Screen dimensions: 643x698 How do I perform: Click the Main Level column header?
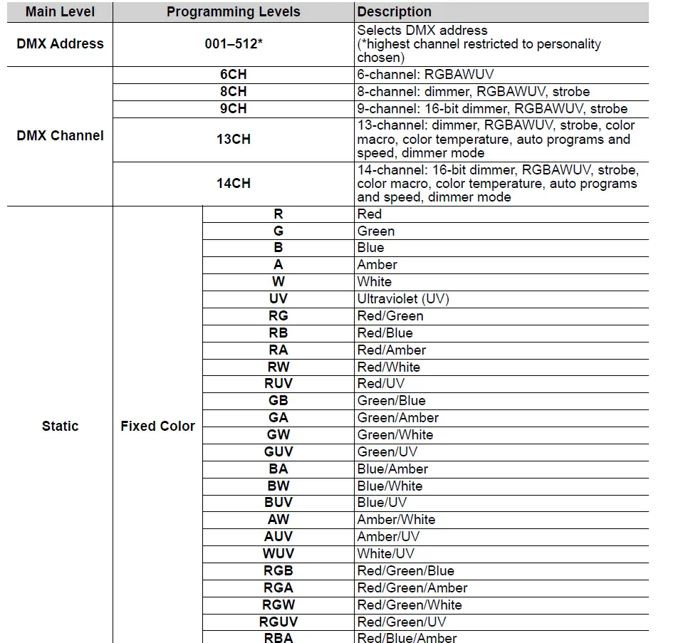[60, 12]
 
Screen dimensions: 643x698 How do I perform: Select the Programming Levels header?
[233, 12]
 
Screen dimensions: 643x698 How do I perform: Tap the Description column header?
[394, 12]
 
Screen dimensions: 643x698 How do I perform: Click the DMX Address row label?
[60, 43]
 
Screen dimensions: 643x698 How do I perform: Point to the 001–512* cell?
[233, 43]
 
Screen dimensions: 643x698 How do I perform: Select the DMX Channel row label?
[60, 135]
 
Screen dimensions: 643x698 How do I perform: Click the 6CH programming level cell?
[233, 75]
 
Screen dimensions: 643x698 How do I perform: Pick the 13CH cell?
[233, 139]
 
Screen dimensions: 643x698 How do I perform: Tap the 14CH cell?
[233, 183]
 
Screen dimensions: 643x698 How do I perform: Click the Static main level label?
[60, 426]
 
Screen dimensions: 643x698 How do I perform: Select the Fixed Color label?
[157, 426]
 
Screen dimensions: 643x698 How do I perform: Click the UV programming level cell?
[278, 299]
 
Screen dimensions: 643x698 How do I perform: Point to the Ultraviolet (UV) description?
[403, 299]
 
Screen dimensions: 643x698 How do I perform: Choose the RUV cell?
[278, 384]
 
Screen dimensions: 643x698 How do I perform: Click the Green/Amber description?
[397, 418]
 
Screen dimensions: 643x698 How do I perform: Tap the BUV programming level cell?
[278, 503]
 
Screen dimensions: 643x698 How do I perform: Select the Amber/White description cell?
[396, 520]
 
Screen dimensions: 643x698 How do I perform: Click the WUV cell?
[278, 554]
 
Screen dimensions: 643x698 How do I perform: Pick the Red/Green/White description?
[409, 605]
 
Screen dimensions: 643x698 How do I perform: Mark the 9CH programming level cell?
[233, 109]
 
